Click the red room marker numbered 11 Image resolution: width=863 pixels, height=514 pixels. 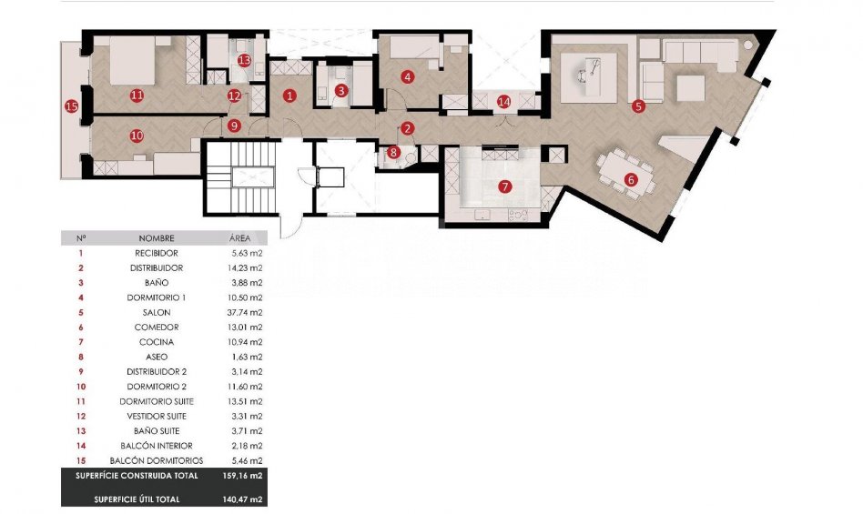point(137,96)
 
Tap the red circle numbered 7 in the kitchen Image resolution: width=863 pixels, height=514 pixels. point(504,186)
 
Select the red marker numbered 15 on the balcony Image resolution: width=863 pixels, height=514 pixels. point(71,106)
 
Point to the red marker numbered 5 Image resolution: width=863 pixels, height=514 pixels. point(638,106)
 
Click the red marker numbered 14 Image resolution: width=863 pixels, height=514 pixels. point(503,102)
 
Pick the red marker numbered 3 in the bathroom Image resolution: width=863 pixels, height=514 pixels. point(341,90)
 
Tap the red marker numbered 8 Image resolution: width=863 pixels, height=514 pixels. point(393,152)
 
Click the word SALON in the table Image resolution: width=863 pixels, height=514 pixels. point(157,312)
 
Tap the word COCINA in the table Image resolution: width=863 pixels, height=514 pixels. point(157,342)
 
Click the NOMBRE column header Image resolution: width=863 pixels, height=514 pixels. point(157,238)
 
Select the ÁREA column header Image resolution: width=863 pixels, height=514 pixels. point(240,238)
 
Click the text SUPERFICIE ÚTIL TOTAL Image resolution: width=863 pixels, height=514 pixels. point(137,499)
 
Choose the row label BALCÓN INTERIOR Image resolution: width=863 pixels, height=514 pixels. point(157,446)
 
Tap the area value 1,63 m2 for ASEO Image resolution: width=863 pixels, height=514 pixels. point(247,357)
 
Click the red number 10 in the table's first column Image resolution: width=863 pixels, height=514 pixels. point(81,387)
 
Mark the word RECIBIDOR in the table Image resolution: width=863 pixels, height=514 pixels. point(157,254)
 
